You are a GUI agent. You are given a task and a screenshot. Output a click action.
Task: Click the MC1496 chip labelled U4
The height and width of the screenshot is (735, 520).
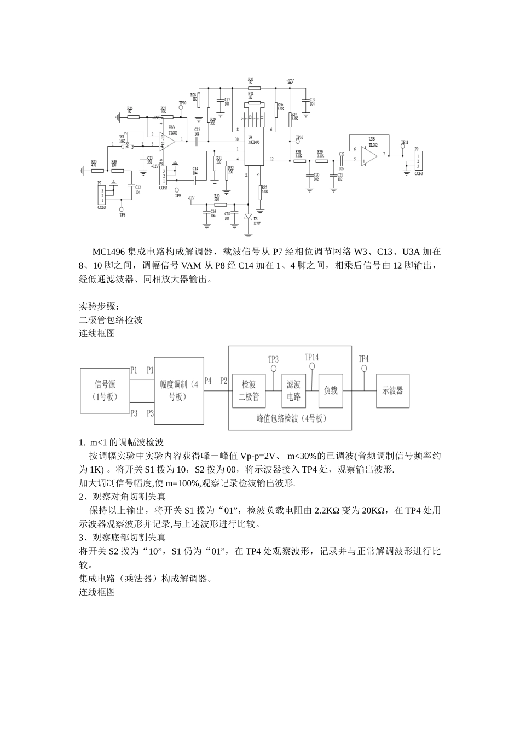click(255, 147)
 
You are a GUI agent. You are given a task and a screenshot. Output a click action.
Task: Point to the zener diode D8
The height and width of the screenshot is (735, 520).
click(249, 217)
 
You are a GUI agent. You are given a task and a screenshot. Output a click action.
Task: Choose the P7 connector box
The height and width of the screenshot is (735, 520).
click(101, 195)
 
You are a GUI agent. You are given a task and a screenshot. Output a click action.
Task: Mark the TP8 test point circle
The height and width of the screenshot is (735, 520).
click(122, 209)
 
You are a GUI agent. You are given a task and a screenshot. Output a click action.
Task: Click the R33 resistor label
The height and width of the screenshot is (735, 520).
click(250, 80)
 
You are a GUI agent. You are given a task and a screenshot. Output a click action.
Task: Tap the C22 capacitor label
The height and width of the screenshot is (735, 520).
click(342, 154)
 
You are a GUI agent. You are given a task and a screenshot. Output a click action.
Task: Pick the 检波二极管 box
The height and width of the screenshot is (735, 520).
click(249, 390)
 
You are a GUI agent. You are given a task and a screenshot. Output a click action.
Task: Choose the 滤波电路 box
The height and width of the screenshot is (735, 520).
click(294, 390)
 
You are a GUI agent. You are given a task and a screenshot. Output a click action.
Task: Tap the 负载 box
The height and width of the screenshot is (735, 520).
click(331, 390)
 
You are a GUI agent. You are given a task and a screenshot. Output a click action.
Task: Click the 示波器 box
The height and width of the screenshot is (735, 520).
click(392, 390)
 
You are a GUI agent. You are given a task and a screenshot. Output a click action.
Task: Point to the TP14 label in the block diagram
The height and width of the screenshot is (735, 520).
click(311, 357)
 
